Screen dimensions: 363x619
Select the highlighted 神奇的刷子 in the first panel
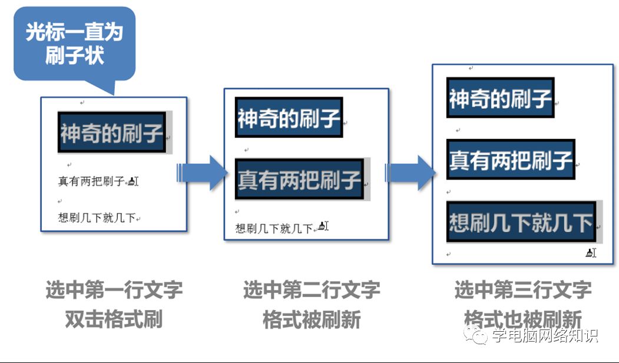(111, 134)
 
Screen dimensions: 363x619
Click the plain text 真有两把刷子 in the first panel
(91, 182)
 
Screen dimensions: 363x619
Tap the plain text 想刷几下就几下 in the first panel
(97, 218)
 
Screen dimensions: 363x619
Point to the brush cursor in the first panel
(133, 181)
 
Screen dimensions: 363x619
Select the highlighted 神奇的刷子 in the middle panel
(289, 118)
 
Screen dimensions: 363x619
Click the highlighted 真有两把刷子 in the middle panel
(299, 179)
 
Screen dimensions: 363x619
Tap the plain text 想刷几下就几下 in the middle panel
(274, 228)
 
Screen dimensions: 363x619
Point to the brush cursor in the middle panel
(322, 226)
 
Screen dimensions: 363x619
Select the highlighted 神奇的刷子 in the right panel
(500, 98)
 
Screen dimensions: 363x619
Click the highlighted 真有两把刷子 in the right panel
(511, 159)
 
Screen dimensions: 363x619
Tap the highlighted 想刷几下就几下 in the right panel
(521, 222)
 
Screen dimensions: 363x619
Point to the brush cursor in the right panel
(591, 253)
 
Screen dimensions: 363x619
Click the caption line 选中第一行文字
(114, 289)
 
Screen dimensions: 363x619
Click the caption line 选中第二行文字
(312, 289)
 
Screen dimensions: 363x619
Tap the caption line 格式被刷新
(312, 319)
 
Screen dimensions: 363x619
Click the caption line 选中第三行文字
(522, 289)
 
